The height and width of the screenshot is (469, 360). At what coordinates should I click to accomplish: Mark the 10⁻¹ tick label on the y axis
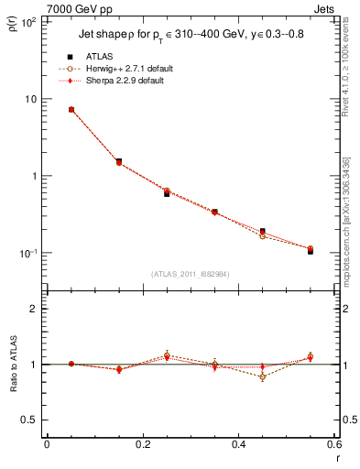tap(27, 253)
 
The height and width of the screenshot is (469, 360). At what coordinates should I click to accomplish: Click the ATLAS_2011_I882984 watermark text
tap(191, 272)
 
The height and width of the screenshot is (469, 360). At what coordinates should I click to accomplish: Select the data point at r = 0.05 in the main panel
tap(71, 110)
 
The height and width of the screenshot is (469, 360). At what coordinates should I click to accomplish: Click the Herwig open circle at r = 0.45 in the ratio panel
tap(262, 376)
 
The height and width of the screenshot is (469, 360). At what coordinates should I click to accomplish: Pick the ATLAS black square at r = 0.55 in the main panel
tap(310, 250)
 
